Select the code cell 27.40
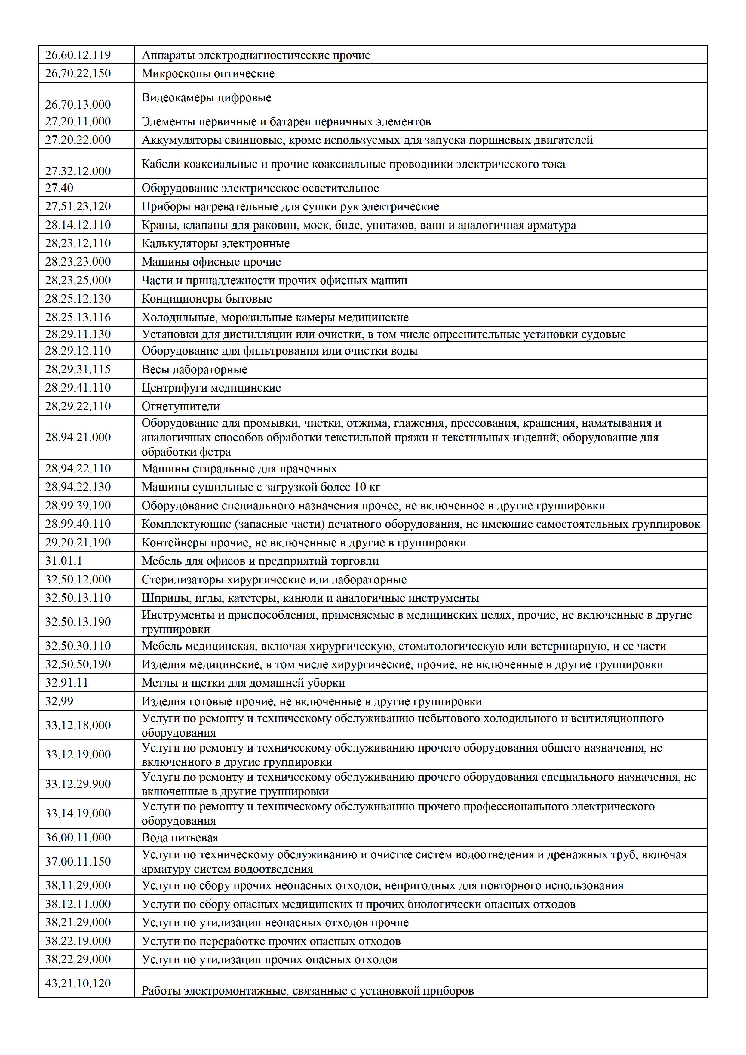tap(59, 188)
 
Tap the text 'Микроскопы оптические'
tap(208, 73)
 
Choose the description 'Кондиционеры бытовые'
tap(206, 299)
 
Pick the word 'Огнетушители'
tap(180, 406)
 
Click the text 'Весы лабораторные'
tap(194, 369)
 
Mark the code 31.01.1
tap(63, 561)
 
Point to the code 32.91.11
tap(67, 682)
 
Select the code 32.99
tap(59, 701)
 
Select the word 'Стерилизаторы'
tap(183, 580)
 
